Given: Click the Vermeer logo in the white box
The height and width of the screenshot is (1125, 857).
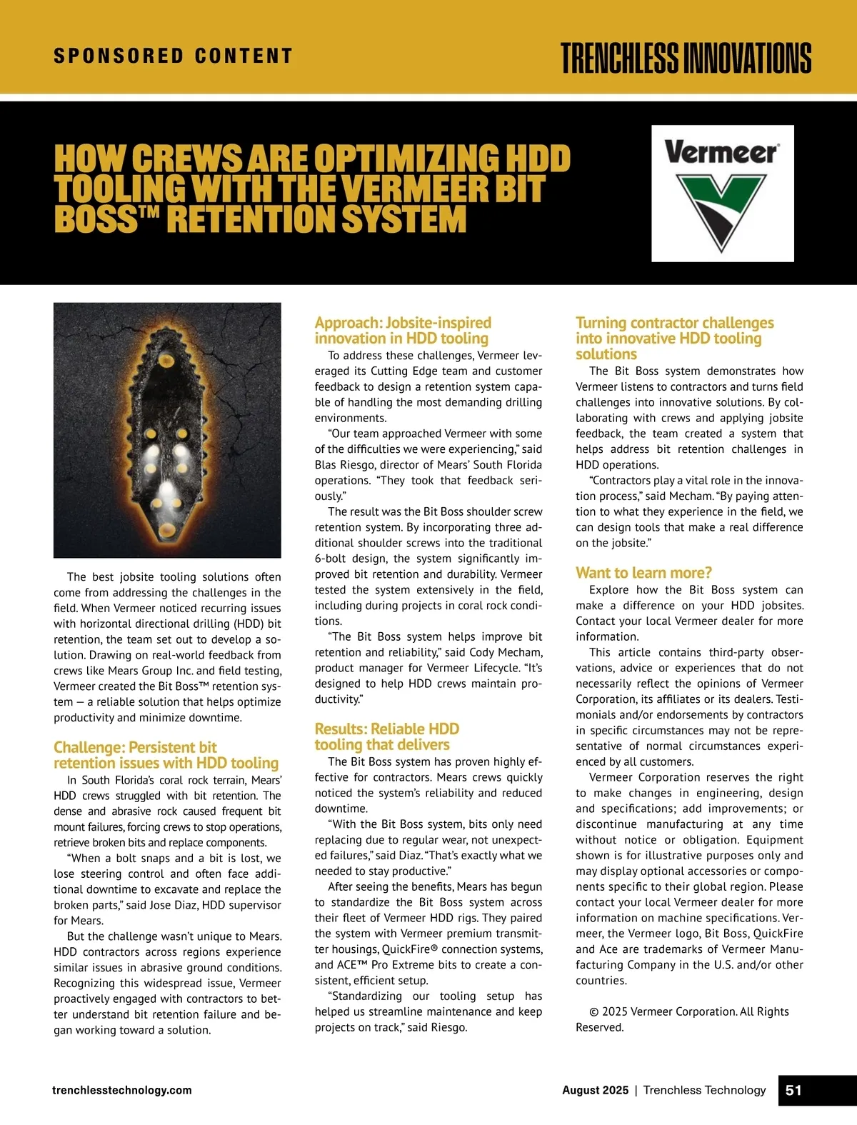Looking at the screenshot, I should [x=722, y=193].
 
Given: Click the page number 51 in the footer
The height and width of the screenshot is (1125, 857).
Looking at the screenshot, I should [x=793, y=1090].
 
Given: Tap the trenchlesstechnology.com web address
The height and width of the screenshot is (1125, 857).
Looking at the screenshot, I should [x=122, y=1090].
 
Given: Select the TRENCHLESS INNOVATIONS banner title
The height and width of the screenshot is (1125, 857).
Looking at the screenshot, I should [x=686, y=58].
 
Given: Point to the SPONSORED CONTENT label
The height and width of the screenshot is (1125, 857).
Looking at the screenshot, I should [x=173, y=56].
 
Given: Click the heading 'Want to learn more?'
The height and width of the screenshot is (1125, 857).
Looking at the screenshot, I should [x=643, y=573].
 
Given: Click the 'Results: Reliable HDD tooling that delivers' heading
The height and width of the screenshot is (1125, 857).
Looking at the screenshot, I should [x=386, y=736].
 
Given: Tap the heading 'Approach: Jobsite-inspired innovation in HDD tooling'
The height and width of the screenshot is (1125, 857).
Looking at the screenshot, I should [x=403, y=331].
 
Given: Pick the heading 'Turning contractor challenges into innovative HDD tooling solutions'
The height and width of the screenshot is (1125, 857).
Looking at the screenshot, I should [x=674, y=338].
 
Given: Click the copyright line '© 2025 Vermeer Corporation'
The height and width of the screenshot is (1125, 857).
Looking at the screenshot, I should [x=688, y=1011].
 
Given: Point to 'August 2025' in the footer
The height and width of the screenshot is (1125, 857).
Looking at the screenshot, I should [x=595, y=1090].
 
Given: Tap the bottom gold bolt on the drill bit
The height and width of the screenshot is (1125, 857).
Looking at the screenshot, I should [x=166, y=529].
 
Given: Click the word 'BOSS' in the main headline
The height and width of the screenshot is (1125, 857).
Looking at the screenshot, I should [x=96, y=220].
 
